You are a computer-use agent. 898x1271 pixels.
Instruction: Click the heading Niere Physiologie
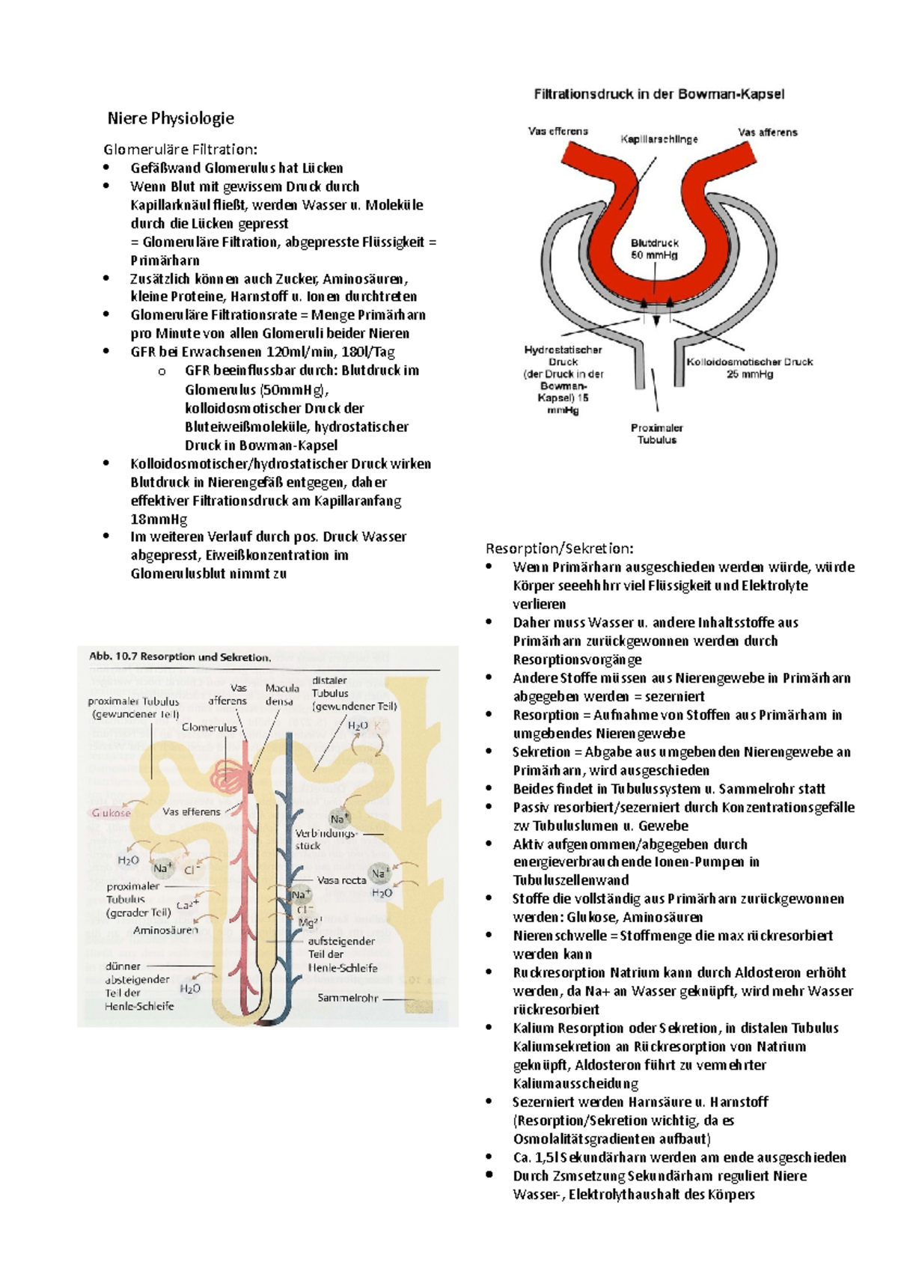click(171, 118)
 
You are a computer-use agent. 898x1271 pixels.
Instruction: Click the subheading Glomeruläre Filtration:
click(180, 150)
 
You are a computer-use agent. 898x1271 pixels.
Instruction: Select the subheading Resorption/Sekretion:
click(559, 549)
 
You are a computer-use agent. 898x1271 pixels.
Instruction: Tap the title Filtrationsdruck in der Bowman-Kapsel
click(659, 94)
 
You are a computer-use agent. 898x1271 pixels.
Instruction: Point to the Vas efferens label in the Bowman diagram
click(558, 131)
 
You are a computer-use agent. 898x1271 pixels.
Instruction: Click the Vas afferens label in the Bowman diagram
click(767, 132)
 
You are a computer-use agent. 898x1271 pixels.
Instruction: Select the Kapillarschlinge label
click(659, 139)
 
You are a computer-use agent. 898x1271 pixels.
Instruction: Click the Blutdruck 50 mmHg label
click(654, 249)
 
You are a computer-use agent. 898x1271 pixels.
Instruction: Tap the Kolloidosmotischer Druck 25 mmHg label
click(749, 368)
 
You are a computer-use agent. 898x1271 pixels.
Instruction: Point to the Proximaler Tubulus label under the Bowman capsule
click(656, 434)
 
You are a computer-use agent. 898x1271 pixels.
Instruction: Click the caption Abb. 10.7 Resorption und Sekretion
click(180, 657)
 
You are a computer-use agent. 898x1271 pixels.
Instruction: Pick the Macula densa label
click(281, 695)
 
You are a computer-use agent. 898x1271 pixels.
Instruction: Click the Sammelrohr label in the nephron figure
click(347, 998)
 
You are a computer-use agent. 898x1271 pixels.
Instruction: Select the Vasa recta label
click(341, 880)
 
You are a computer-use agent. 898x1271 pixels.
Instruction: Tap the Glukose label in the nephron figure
click(111, 813)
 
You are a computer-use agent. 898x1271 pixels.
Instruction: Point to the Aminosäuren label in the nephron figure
click(165, 930)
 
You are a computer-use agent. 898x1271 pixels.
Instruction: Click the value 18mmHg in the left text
click(159, 519)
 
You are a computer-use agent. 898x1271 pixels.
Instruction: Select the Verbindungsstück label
click(326, 839)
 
